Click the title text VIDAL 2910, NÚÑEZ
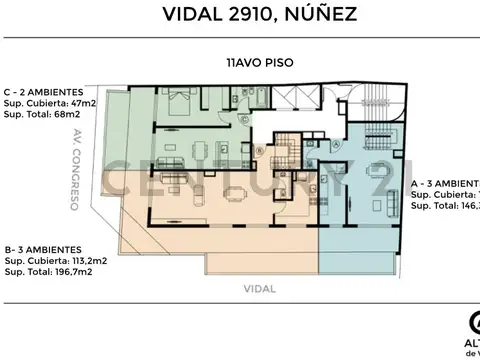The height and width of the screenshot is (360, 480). (239, 15)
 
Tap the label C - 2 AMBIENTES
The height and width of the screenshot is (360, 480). (46, 92)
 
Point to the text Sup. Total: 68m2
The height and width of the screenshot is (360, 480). (45, 114)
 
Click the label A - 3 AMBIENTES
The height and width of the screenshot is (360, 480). (444, 184)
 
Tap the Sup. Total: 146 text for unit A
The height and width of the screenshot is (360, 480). (444, 205)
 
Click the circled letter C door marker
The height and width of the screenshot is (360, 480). (257, 150)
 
